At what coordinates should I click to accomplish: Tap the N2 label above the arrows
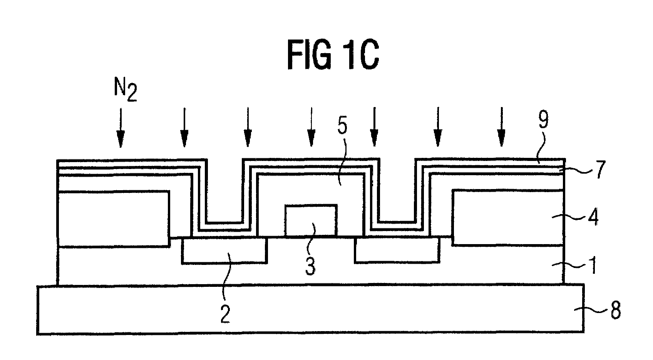pyautogui.click(x=126, y=90)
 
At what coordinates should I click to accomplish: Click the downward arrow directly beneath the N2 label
pyautogui.click(x=121, y=127)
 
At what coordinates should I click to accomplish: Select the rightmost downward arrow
pyautogui.click(x=501, y=127)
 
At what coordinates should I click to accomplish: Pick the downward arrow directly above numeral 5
pyautogui.click(x=311, y=127)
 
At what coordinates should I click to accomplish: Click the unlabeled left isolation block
pyautogui.click(x=113, y=218)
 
